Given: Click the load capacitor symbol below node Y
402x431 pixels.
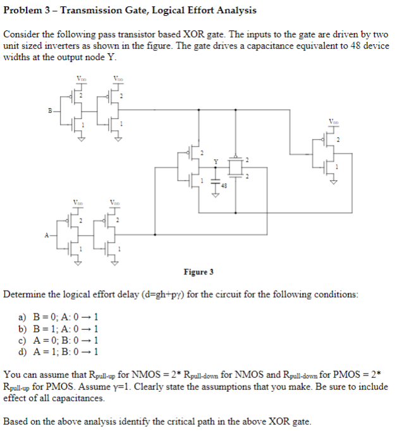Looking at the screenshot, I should pyautogui.click(x=214, y=184).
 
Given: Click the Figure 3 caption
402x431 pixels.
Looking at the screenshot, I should pyautogui.click(x=198, y=272).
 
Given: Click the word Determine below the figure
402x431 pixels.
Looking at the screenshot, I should pyautogui.click(x=25, y=294).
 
